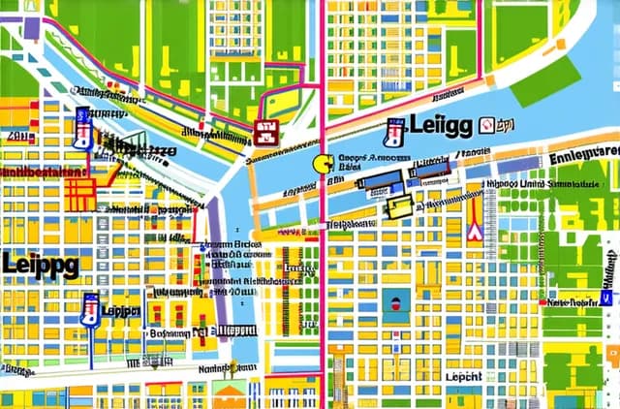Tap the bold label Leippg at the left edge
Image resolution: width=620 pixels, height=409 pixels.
coord(40,263)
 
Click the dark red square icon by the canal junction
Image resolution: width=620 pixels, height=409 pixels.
coord(264,133)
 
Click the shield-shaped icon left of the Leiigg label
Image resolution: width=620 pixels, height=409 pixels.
coord(393,132)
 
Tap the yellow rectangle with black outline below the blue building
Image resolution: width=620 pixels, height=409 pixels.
coord(399,206)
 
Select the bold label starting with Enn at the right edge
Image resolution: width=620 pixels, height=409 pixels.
coord(583,155)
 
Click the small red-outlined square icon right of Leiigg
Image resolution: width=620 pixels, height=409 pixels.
coord(502,125)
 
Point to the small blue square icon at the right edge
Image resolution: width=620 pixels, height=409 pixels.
coord(610,274)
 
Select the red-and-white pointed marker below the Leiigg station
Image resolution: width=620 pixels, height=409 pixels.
coord(474,230)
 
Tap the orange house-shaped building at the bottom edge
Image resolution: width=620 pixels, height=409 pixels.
coord(230,394)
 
